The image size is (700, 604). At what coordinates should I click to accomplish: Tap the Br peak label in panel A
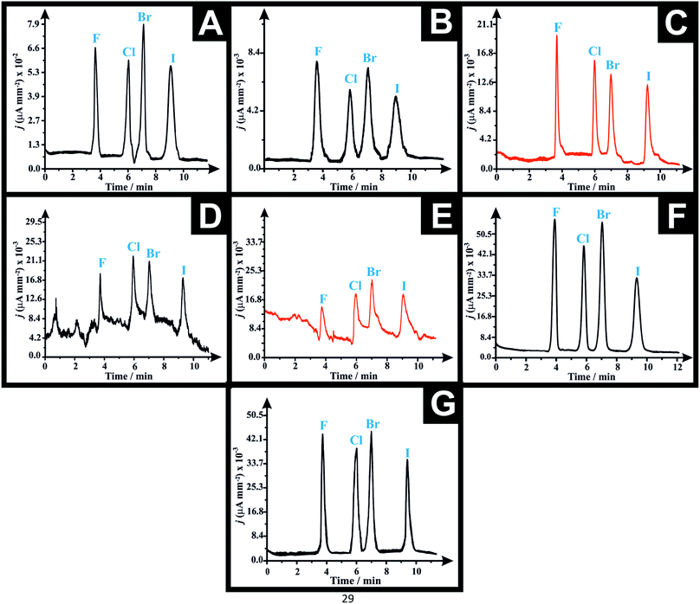pos(145,16)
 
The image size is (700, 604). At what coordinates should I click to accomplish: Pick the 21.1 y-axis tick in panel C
pos(482,25)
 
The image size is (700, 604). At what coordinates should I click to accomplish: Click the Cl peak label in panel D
pos(133,247)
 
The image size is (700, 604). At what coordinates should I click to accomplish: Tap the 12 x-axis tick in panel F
pos(677,367)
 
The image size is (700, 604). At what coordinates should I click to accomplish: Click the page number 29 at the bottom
pos(350,596)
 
